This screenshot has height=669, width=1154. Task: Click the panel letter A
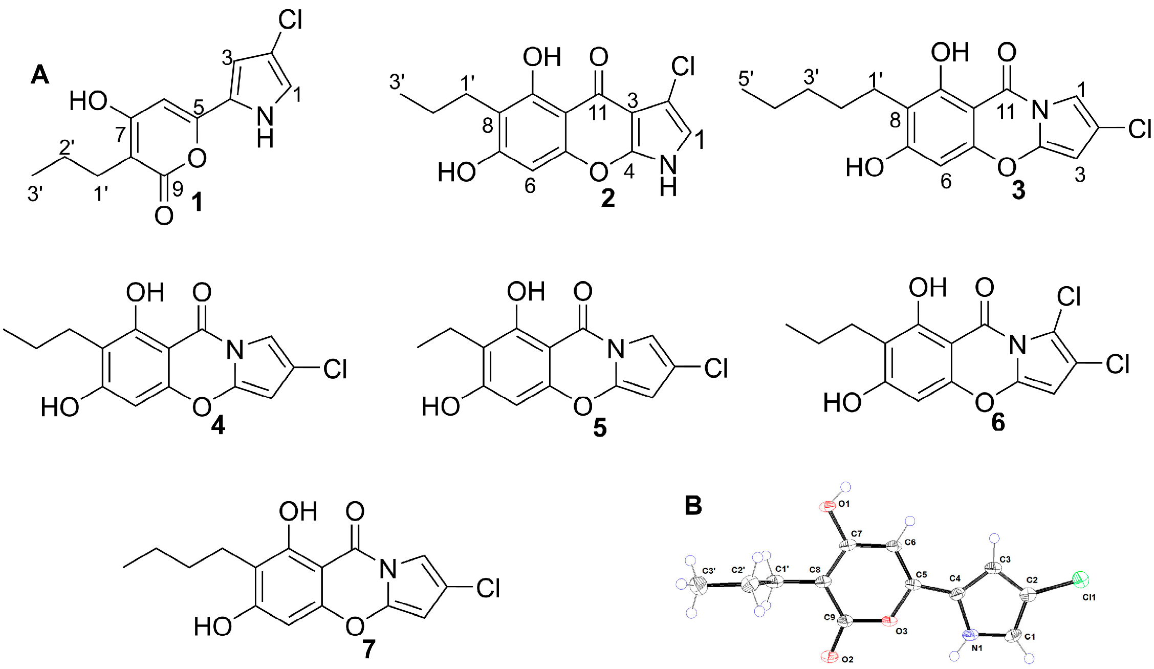[40, 75]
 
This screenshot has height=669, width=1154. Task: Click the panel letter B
[693, 506]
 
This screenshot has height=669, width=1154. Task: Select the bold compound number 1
[197, 203]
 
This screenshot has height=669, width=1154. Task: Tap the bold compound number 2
[607, 198]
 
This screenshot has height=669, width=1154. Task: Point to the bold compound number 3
[1018, 190]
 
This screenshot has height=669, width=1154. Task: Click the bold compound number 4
[218, 425]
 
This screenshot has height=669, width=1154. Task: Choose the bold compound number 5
[600, 427]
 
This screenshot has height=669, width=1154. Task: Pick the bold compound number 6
[998, 422]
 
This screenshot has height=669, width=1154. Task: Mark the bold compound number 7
[368, 650]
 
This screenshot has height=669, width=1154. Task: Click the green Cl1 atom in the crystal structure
[1080, 579]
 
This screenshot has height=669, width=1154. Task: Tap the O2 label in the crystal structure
[847, 659]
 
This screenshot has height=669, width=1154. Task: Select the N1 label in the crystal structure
[977, 648]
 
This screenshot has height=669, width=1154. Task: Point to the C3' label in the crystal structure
[709, 571]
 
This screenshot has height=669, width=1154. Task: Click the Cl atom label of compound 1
[290, 21]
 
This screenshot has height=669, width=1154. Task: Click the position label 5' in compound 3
[746, 79]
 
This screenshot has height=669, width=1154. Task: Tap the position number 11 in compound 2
[597, 112]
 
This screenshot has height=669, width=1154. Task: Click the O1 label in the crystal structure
[844, 504]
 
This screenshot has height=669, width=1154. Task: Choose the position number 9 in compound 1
[178, 189]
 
